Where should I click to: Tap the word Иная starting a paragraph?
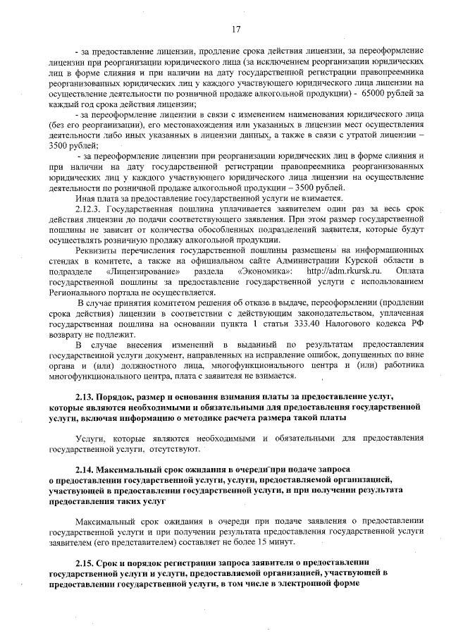point(86,200)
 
